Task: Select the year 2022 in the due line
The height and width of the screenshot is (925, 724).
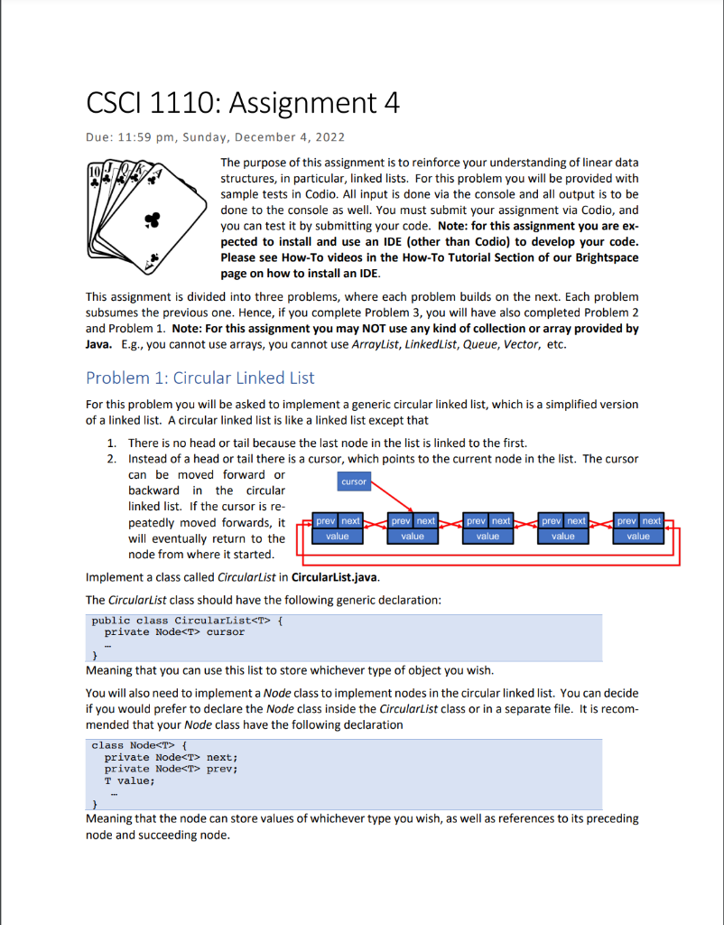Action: click(x=328, y=137)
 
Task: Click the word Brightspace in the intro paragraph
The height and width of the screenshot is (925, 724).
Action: click(x=603, y=257)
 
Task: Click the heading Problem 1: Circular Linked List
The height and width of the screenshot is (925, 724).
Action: click(x=200, y=378)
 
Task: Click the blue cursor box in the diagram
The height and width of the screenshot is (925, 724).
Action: click(x=354, y=481)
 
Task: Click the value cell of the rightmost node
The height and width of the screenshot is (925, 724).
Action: click(x=638, y=536)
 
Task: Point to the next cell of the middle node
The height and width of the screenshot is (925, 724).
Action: click(x=501, y=521)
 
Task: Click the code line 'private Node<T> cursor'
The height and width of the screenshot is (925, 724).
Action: click(x=174, y=632)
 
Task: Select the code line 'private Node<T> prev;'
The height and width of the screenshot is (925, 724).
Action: click(x=171, y=769)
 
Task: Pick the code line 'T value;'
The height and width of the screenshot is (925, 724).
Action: click(x=130, y=780)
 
